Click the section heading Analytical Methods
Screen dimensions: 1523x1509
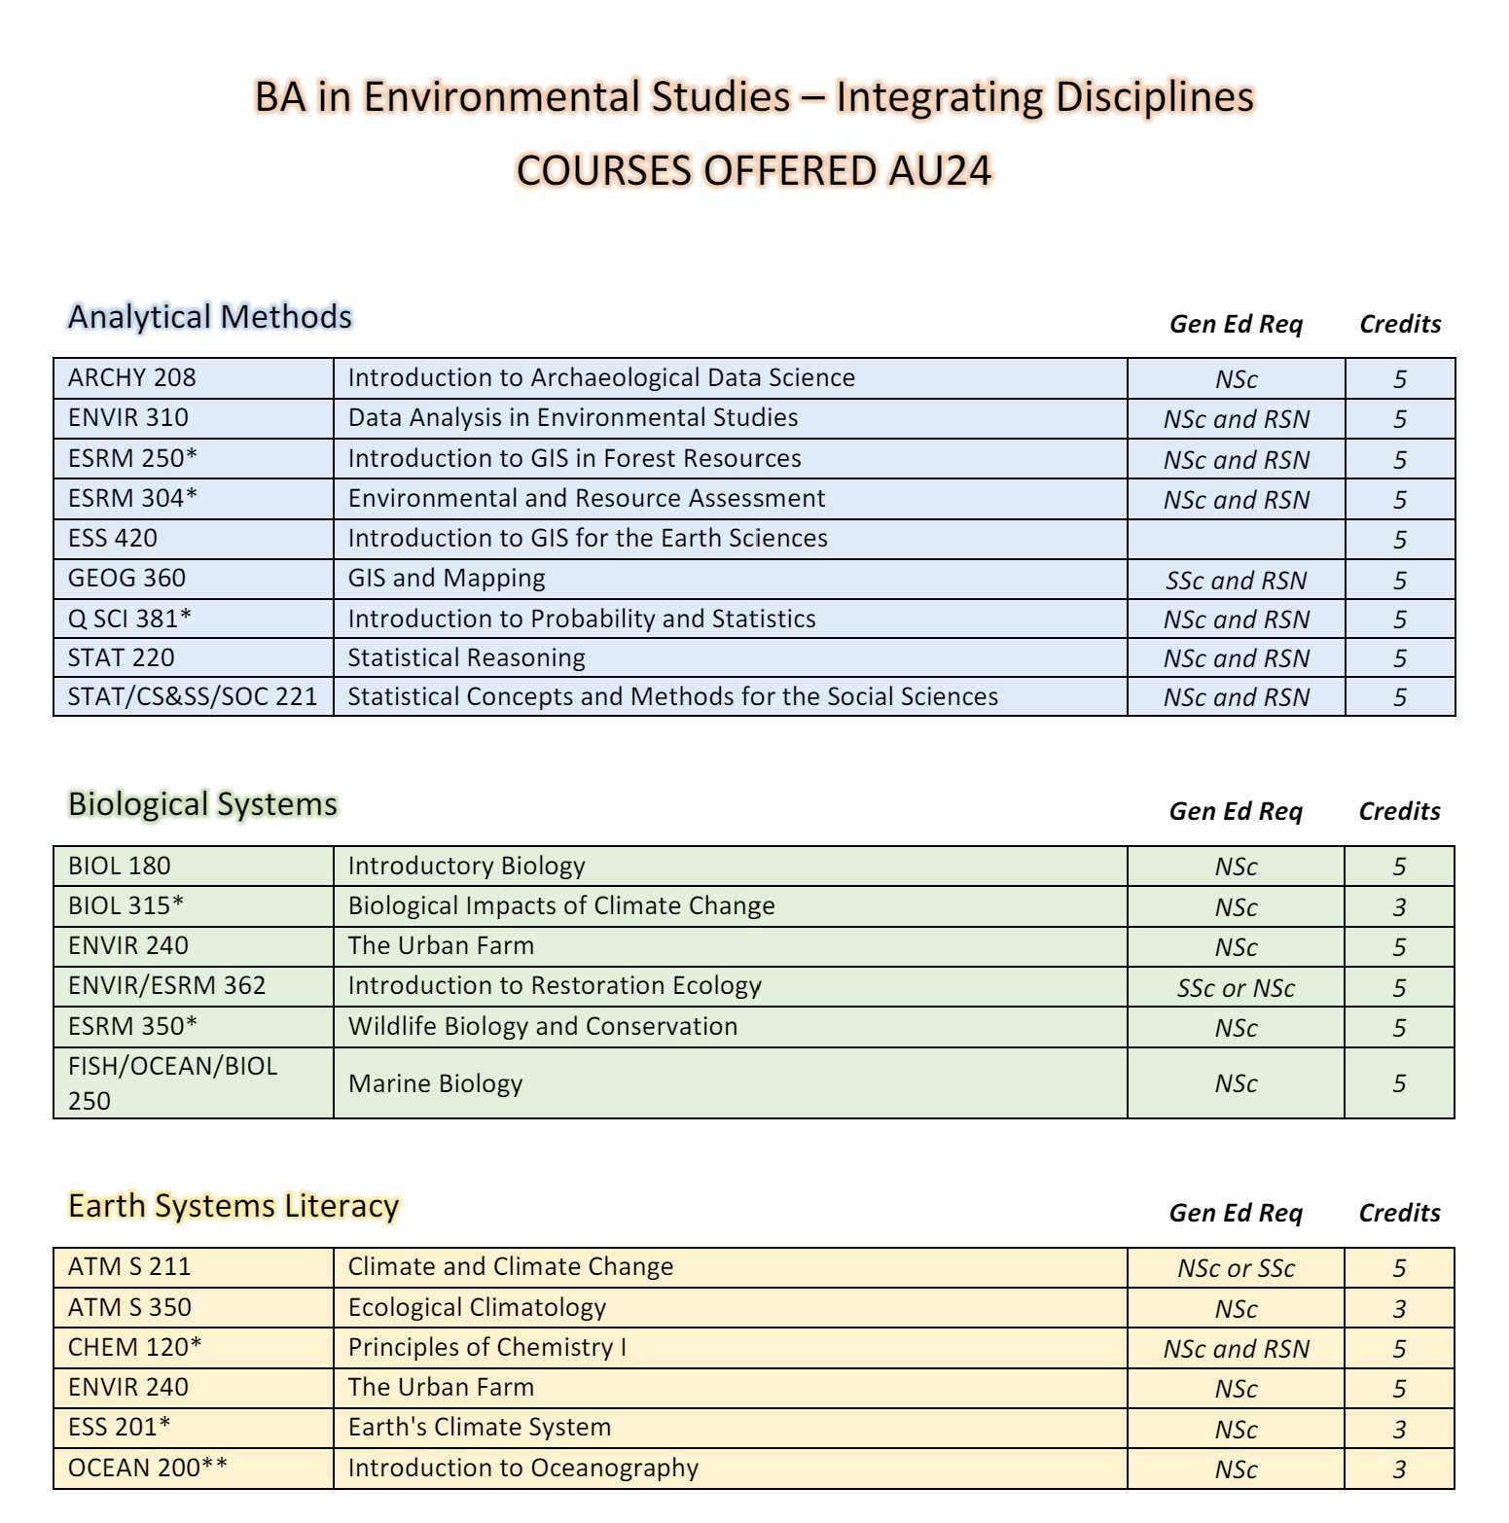[209, 317]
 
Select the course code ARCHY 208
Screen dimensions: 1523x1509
[131, 377]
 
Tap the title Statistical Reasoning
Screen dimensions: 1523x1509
[466, 657]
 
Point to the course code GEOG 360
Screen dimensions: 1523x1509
[126, 578]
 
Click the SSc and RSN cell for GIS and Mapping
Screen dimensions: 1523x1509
[1236, 581]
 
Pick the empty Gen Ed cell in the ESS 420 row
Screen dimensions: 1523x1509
[1236, 539]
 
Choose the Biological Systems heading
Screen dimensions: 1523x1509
[202, 804]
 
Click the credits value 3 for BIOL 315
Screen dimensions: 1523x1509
[1399, 907]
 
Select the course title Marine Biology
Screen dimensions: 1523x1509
[435, 1083]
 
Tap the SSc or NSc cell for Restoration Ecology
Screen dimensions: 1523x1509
[1236, 988]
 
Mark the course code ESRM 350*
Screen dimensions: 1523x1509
[132, 1026]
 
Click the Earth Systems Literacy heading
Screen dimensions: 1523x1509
[234, 1206]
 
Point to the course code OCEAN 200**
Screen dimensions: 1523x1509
[148, 1468]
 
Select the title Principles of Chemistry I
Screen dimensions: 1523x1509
[486, 1347]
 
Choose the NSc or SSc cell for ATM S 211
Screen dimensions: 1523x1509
[1236, 1268]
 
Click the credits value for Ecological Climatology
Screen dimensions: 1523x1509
[1399, 1309]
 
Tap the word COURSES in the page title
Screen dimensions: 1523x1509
[598, 170]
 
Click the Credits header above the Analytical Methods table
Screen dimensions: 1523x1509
[1399, 324]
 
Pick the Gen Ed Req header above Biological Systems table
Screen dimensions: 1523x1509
[1236, 811]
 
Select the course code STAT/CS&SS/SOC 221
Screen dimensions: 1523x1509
[193, 696]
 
